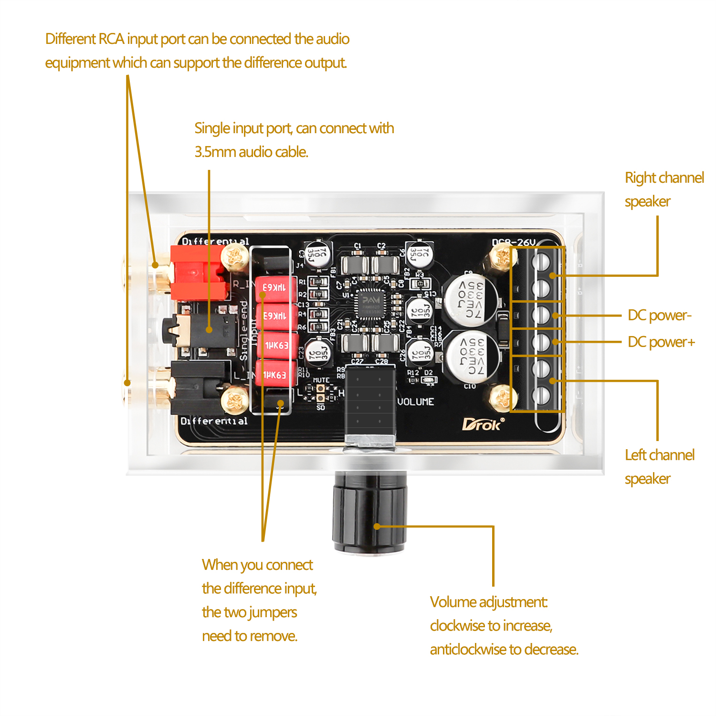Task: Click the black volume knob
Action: point(370,511)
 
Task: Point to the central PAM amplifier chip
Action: point(371,304)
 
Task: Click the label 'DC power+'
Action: point(661,342)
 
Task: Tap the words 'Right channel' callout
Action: point(664,178)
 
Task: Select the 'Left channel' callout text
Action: point(659,455)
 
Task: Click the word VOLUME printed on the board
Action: point(416,402)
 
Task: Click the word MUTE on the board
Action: point(321,380)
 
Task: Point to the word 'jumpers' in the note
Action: point(275,612)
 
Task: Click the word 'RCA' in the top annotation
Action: point(111,39)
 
